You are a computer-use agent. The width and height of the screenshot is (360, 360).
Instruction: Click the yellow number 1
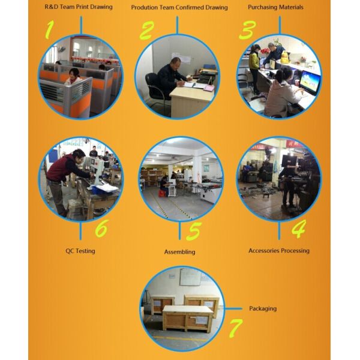[49, 29]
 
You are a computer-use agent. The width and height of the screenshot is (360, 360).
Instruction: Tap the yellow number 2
[147, 31]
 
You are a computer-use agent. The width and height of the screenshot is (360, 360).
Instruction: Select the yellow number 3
[247, 30]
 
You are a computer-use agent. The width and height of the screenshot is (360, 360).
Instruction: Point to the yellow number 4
[299, 229]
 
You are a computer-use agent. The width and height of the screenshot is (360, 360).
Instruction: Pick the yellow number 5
[194, 231]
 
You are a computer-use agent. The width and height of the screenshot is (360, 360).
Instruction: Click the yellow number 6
[102, 228]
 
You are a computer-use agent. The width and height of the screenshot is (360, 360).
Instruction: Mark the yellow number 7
[236, 328]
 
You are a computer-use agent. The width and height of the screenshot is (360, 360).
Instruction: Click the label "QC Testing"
[80, 251]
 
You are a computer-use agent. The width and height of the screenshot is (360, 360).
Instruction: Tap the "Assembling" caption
[180, 252]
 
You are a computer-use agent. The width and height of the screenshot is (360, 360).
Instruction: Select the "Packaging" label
[263, 308]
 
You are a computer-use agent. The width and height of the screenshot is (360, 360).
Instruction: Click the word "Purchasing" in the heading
[263, 7]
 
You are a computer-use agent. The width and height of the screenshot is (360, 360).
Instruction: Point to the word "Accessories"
[264, 250]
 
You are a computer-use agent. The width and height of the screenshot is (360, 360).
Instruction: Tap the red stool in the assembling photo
[163, 193]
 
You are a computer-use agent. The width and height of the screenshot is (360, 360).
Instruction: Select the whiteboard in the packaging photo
[190, 277]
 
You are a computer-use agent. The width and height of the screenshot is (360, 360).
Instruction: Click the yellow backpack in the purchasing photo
[284, 57]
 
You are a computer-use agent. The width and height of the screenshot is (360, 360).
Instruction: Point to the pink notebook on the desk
[209, 88]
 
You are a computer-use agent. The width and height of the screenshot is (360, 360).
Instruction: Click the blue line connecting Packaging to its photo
[233, 309]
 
